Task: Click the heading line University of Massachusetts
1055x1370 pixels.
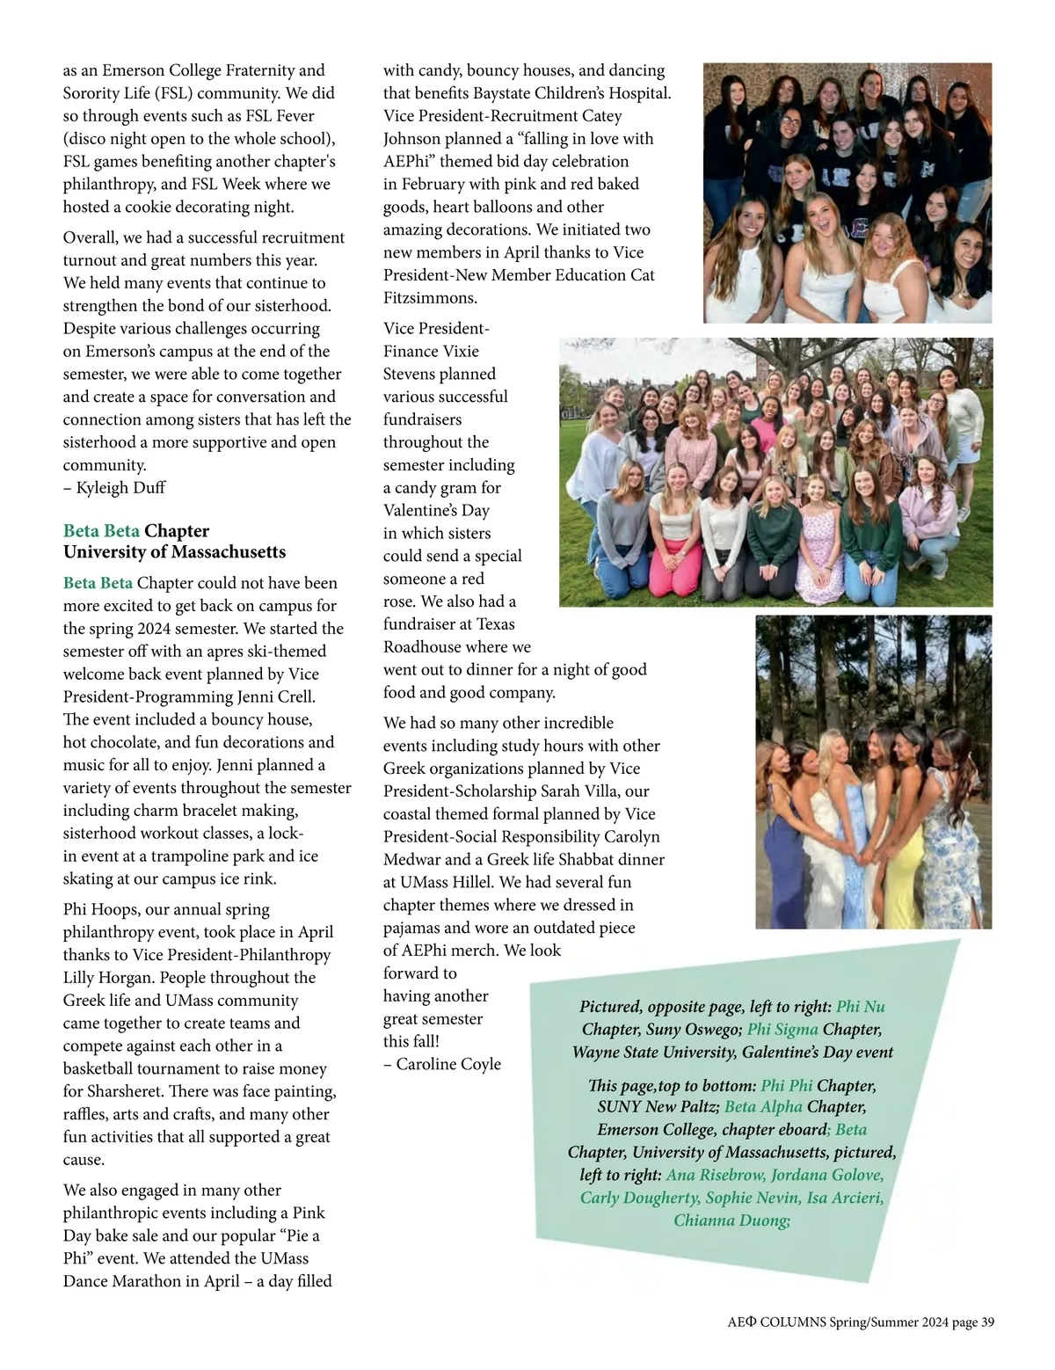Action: coord(174,552)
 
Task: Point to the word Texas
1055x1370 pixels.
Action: coord(496,624)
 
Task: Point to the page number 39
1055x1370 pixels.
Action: coord(986,1323)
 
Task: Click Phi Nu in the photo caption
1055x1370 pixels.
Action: coord(860,1007)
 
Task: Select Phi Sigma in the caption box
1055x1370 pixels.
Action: coord(782,1030)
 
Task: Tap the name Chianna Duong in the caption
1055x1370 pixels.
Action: coord(731,1221)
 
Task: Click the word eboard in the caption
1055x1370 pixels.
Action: coord(802,1130)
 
